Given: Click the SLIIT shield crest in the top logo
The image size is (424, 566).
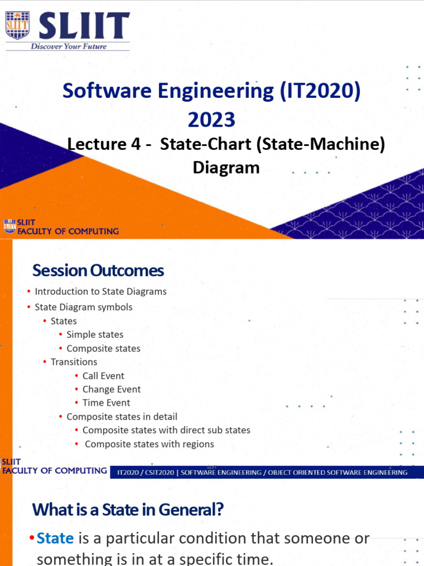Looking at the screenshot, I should (17, 25).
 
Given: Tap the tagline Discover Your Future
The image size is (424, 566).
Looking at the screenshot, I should (68, 46).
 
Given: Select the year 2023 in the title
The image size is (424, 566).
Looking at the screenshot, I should (211, 119).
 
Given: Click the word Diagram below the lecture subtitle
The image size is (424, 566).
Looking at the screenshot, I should (226, 167).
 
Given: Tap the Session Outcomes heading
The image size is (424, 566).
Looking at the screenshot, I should (98, 270).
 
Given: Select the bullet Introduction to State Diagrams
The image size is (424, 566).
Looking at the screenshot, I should (100, 291).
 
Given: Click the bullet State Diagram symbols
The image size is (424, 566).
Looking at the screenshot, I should (83, 307).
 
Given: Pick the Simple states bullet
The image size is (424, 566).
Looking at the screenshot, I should (95, 334).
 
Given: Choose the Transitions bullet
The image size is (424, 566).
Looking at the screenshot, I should (74, 362).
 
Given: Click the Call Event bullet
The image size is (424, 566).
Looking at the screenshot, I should (103, 376).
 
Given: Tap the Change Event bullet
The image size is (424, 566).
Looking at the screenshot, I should (112, 389).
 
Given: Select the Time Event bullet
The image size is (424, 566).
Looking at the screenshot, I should (107, 403).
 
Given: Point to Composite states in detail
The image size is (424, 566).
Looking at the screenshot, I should (122, 417).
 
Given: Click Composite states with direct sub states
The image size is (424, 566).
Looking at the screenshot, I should (166, 430).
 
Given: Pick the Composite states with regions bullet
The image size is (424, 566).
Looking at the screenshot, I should (149, 444).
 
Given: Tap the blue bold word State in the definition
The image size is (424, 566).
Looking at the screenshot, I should (55, 538).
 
